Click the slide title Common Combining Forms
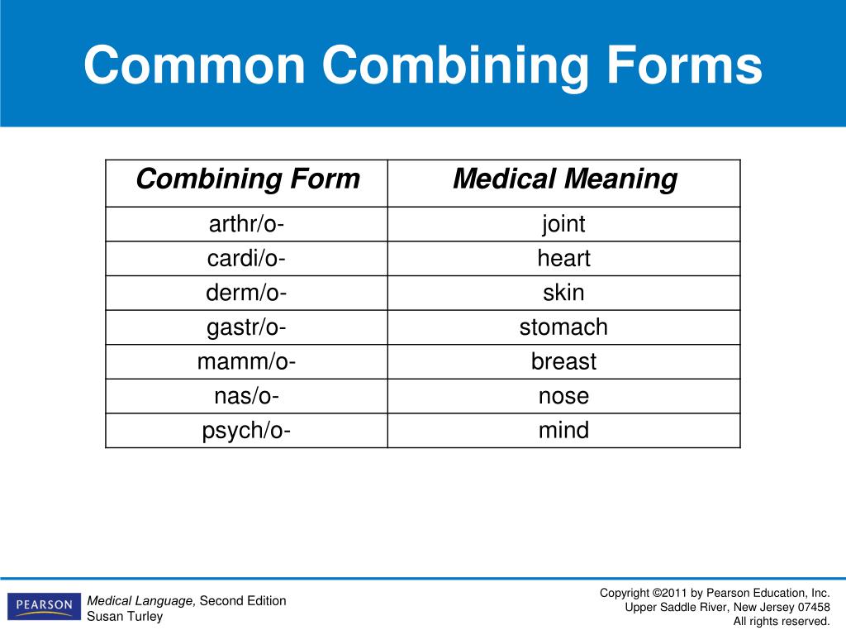pos(422,66)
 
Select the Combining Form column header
pos(247,179)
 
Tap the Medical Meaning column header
pos(564,179)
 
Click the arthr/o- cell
pos(246,224)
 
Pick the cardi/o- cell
pos(246,259)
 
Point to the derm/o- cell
pos(246,294)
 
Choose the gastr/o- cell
pos(246,327)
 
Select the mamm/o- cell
pos(246,362)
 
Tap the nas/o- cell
pos(246,397)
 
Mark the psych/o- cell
pos(246,431)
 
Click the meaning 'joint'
pos(563,224)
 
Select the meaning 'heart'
pos(563,259)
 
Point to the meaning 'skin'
pos(563,294)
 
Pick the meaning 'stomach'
pos(563,327)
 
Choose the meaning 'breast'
pos(563,362)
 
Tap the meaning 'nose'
pos(563,397)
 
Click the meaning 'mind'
pos(563,431)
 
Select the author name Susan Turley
pos(125,616)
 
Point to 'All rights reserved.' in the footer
pos(782,621)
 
